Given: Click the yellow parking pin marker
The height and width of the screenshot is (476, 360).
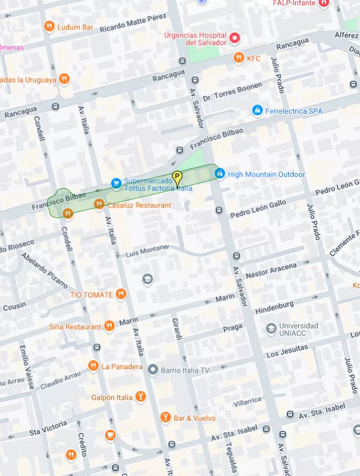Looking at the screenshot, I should coord(177,177).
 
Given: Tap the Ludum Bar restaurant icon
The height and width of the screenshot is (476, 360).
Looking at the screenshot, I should coord(49,27).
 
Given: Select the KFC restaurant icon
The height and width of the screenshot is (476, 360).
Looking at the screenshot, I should coord(239,58).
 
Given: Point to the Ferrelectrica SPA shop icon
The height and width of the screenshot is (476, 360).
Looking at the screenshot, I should coord(258,110).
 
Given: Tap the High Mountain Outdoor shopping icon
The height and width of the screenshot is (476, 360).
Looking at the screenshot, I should coord(219,174).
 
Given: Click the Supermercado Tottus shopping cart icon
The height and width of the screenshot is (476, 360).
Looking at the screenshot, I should coord(116,183).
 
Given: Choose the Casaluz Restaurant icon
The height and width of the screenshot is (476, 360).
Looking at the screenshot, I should coord(99,205).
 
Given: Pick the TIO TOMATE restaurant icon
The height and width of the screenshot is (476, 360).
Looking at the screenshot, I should coord(122,294).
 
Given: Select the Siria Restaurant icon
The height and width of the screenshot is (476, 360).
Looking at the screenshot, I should coord(109,326).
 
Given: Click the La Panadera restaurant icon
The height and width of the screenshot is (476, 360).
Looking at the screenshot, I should coord(93,366).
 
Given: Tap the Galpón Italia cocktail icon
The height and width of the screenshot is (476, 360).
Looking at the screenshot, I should coord(140,397).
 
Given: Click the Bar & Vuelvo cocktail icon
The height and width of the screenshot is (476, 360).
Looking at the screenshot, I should coord(165,418).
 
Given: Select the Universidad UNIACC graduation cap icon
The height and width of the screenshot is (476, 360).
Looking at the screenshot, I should coord(271,329).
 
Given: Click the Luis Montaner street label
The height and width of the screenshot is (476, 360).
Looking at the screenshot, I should coord(147,251).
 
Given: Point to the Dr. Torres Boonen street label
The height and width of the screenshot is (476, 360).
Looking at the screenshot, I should coord(232,91).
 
